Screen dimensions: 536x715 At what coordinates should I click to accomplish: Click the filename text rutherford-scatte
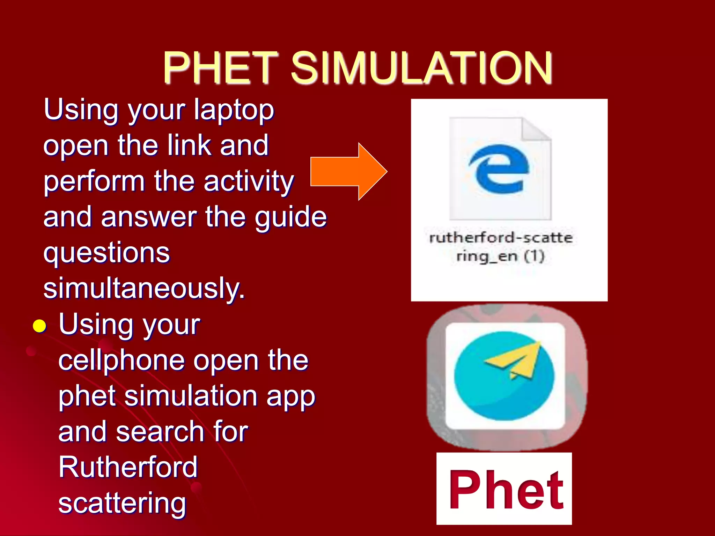[501, 238]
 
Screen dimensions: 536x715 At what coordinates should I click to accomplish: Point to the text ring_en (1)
[500, 256]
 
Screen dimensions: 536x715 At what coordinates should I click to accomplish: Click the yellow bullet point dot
[39, 326]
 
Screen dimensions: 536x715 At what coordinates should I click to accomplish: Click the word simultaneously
[144, 288]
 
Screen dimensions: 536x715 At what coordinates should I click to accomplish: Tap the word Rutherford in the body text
[128, 467]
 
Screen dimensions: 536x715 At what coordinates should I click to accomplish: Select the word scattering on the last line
[122, 503]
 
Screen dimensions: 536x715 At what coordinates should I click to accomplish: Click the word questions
[106, 253]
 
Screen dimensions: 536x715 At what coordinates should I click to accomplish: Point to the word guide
[290, 217]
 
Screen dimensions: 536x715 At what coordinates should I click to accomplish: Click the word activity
[249, 181]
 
